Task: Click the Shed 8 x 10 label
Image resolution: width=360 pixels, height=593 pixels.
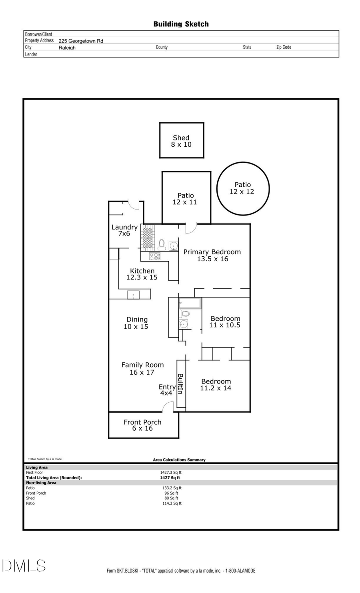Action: pyautogui.click(x=181, y=141)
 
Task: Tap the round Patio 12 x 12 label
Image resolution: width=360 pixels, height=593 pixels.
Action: pyautogui.click(x=242, y=188)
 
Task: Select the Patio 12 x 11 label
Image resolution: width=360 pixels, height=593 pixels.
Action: pyautogui.click(x=185, y=199)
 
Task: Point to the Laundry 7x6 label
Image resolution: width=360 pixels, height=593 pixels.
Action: pyautogui.click(x=124, y=230)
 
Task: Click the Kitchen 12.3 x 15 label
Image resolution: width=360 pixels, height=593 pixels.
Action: pyautogui.click(x=142, y=274)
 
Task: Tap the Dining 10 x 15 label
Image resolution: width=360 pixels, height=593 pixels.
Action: pyautogui.click(x=136, y=323)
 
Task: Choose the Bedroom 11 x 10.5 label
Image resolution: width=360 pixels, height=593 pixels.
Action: pyautogui.click(x=225, y=322)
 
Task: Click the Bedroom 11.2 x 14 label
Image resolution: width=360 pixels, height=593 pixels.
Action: pyautogui.click(x=216, y=385)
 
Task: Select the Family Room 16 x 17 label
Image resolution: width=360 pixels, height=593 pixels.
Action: pyautogui.click(x=142, y=369)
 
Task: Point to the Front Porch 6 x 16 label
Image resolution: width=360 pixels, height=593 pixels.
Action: pyautogui.click(x=142, y=425)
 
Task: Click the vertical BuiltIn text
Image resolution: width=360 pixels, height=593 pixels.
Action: pyautogui.click(x=180, y=384)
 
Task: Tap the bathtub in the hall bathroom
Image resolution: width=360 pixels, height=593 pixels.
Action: pyautogui.click(x=190, y=303)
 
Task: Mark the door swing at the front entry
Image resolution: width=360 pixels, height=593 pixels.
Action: pyautogui.click(x=168, y=407)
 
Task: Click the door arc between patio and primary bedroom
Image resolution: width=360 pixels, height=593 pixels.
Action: pyautogui.click(x=191, y=228)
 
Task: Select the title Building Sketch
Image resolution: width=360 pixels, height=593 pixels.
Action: pyautogui.click(x=181, y=24)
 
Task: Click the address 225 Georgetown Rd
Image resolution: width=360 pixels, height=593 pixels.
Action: pyautogui.click(x=81, y=41)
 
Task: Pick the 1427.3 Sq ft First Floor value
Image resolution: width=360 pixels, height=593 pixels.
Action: pyautogui.click(x=171, y=473)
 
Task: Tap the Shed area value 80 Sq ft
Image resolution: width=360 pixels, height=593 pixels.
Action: pyautogui.click(x=171, y=498)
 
